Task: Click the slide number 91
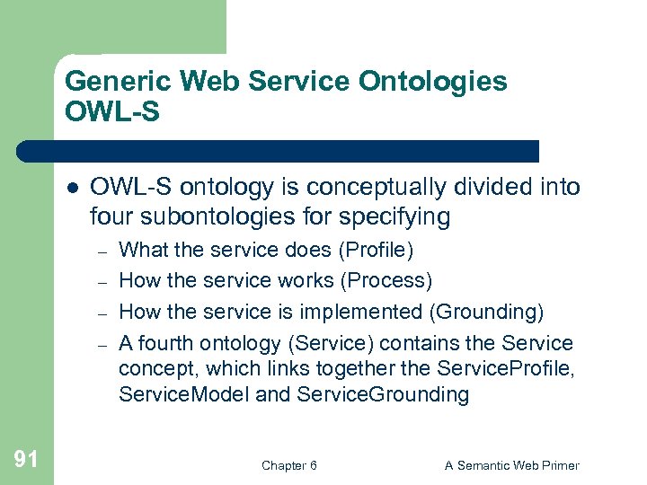point(26,460)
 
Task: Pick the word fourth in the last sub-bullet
point(164,343)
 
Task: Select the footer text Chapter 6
point(288,465)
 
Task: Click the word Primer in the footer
point(558,465)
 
